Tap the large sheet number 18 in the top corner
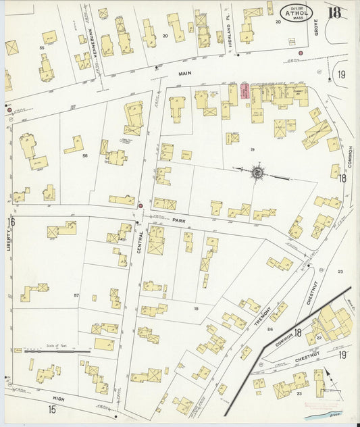(x=334, y=12)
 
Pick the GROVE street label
(x=315, y=27)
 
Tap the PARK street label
(x=178, y=220)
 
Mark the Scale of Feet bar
(x=57, y=351)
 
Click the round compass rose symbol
(x=257, y=174)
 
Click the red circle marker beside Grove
(x=301, y=52)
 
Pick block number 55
(x=42, y=49)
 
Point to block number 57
(x=76, y=295)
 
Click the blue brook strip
(x=332, y=418)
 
